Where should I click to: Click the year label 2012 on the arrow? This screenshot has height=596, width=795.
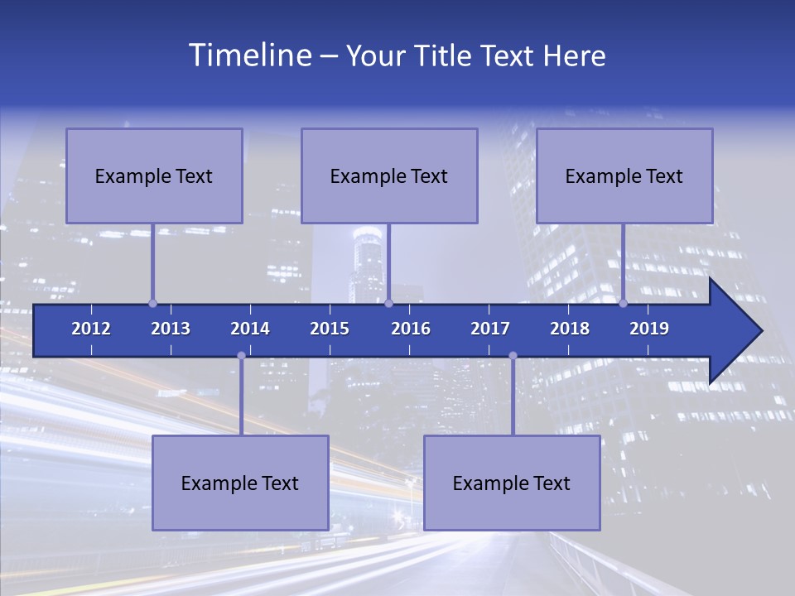91,329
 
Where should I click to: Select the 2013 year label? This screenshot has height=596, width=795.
171,329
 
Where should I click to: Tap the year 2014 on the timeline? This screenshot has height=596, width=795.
250,329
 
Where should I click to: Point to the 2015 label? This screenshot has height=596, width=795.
330,329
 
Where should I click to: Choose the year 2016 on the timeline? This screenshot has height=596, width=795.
411,329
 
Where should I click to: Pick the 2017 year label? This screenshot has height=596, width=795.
490,329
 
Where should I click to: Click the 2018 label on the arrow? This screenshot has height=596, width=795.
570,329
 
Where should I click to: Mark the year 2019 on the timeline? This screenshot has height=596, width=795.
649,329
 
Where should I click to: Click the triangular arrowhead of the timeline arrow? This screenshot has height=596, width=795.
733,331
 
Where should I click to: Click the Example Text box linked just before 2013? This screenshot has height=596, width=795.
154,175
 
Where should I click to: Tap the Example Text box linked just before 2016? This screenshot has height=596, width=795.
389,175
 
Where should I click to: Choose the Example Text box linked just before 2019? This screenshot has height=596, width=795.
624,175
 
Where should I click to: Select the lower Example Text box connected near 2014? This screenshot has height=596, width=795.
240,483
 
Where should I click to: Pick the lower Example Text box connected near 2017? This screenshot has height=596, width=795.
512,483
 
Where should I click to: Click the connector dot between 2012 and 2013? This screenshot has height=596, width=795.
152,303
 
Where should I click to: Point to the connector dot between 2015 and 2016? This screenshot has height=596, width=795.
388,303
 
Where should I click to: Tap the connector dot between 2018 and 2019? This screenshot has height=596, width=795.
623,303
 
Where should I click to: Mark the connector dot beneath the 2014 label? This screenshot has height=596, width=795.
241,356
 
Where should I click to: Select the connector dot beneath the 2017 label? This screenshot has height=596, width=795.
513,356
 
